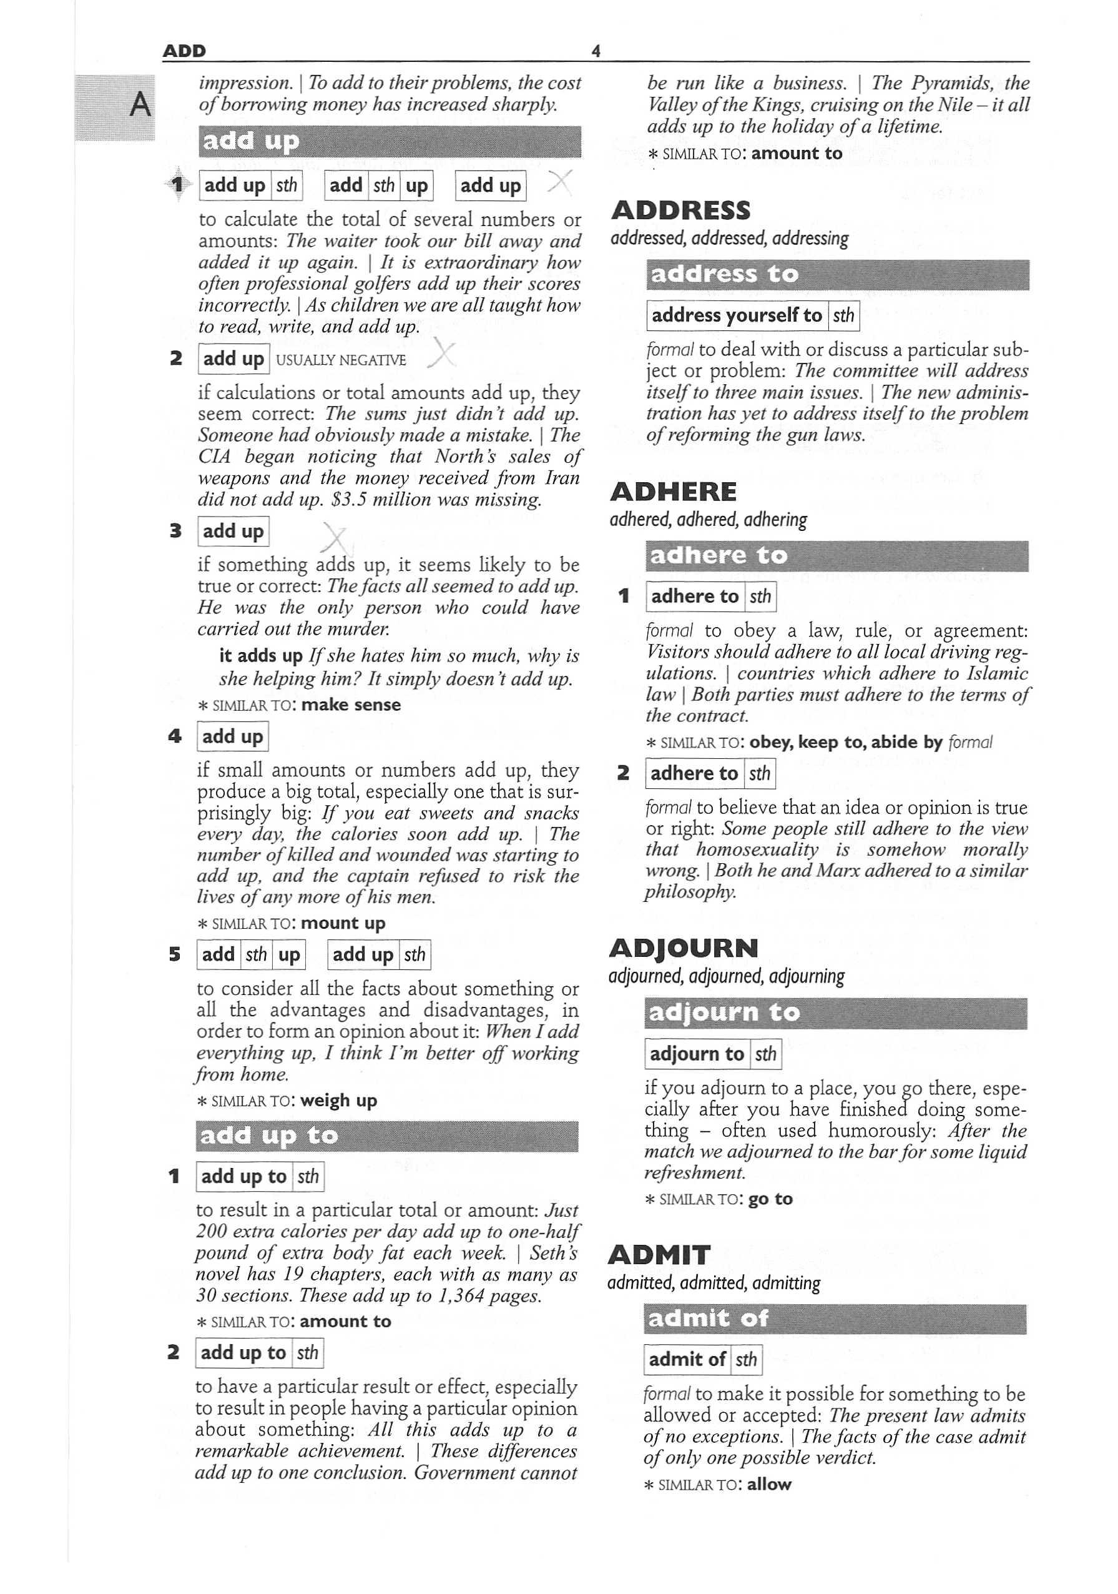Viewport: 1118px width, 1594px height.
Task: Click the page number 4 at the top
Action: click(x=595, y=51)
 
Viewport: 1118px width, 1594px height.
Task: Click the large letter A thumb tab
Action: click(x=140, y=106)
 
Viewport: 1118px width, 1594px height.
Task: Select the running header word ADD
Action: click(x=184, y=51)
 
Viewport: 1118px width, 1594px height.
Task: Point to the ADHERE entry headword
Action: click(x=672, y=492)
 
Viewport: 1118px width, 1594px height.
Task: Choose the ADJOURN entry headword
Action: click(x=683, y=948)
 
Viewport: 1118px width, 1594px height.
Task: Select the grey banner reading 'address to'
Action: click(x=836, y=275)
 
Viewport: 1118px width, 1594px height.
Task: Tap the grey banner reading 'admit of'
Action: click(x=834, y=1319)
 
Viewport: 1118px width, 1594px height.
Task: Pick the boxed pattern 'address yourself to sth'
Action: click(x=752, y=316)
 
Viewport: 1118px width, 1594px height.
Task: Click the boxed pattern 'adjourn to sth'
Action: click(x=713, y=1054)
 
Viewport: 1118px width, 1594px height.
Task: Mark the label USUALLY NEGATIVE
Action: click(x=341, y=360)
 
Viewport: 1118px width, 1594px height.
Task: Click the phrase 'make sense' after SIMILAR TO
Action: click(x=351, y=705)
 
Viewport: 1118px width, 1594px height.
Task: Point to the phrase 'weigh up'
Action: click(x=339, y=1101)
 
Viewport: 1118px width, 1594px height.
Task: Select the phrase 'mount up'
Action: click(x=343, y=923)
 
